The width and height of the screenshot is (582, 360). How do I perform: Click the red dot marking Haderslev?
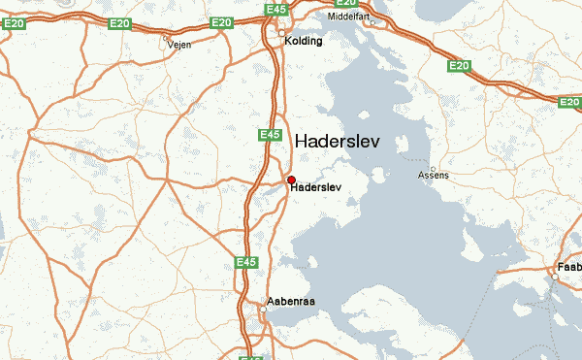291,180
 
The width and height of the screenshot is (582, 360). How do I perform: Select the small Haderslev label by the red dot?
315,187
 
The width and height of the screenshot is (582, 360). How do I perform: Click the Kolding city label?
304,42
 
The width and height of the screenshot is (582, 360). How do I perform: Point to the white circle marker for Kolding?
282,33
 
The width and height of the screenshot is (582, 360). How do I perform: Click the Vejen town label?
178,45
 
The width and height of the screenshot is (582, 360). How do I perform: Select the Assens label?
433,176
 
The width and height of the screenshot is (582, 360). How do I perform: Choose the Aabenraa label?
291,302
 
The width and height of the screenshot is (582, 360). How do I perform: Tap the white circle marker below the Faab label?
555,277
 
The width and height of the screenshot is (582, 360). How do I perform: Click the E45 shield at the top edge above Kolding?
275,10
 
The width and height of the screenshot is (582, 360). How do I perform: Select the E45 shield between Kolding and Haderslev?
270,134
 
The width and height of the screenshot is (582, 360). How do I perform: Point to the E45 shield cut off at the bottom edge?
251,356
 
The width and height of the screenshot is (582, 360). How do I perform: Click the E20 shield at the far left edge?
13,24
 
